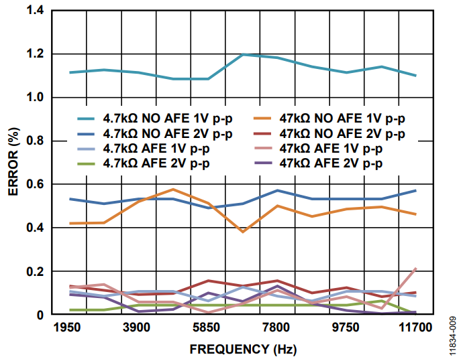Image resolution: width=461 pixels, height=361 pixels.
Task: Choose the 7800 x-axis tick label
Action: coord(276,327)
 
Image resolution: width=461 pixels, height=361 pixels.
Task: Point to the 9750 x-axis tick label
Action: coord(346,327)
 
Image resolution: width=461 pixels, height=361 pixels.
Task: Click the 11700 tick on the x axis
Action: coord(415,327)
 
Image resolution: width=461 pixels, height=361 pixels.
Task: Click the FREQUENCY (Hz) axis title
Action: coord(242,349)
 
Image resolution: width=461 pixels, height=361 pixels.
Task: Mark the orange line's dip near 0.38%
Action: coord(242,232)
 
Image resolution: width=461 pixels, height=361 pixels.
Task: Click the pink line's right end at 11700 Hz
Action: coord(415,269)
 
